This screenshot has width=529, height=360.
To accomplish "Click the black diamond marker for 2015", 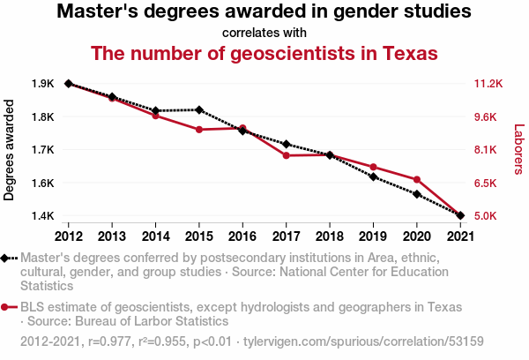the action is coord(199,109).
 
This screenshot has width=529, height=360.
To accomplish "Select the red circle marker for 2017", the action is coord(286,155).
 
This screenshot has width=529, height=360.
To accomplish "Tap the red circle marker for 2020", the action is coord(417,179).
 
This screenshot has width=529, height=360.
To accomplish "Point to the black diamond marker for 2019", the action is coord(374,176).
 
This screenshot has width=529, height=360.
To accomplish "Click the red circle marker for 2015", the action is coord(199,130).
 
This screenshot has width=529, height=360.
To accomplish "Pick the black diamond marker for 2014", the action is coord(155,111).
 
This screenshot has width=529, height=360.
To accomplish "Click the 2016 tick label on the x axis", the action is coord(242,236).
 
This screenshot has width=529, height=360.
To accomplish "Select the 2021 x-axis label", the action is coord(460,236).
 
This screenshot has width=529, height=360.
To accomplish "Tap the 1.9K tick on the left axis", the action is coord(42,84).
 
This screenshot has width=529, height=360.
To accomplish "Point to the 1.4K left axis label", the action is coord(42,215).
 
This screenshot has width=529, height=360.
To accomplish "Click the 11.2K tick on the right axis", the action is coord(488,84).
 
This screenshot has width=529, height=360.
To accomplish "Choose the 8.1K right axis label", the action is coord(486,150).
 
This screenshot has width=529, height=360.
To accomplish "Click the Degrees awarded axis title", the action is coord(9,150).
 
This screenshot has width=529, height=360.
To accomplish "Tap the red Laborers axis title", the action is coord(519,149).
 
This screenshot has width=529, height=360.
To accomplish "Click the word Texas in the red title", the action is coord(410,53).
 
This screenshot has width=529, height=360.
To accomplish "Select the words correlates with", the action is coord(264,33).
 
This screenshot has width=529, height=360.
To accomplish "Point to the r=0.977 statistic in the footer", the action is coord(109,341).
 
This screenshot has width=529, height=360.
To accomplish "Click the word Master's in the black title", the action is coord(97,11).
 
